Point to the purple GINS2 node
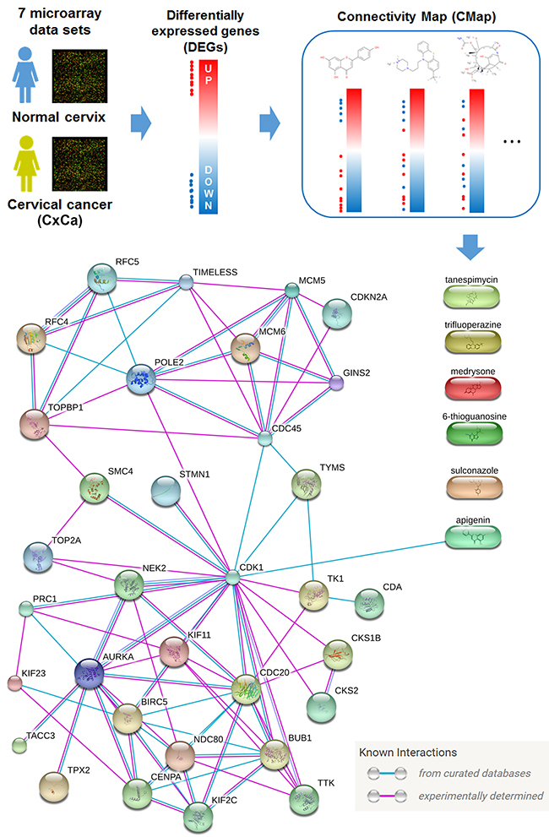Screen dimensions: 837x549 point(337,383)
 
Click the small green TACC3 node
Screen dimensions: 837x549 point(19,745)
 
